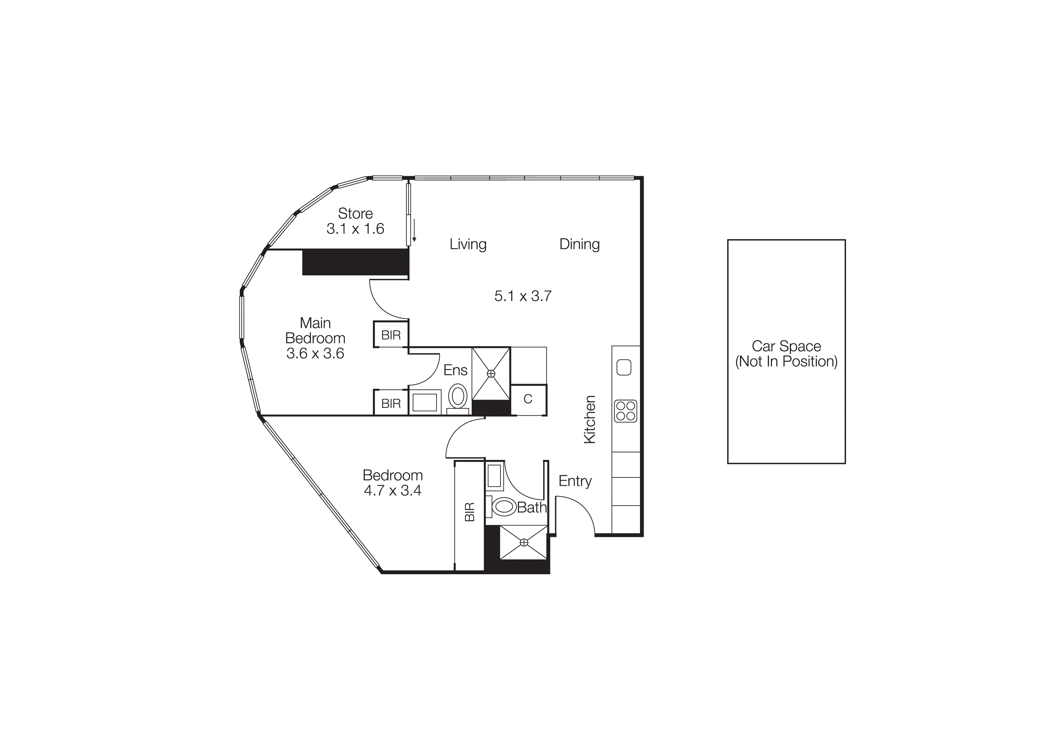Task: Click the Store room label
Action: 355,214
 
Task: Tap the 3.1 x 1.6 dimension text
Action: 355,229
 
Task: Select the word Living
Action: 468,244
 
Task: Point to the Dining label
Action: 579,244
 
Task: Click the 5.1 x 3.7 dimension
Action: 523,296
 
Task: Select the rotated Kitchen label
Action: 589,420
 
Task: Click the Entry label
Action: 575,481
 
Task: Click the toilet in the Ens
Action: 458,397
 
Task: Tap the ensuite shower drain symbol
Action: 491,373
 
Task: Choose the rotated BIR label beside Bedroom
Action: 470,512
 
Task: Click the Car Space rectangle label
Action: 786,353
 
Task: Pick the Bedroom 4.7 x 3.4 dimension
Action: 392,490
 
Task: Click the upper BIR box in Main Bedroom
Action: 391,335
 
